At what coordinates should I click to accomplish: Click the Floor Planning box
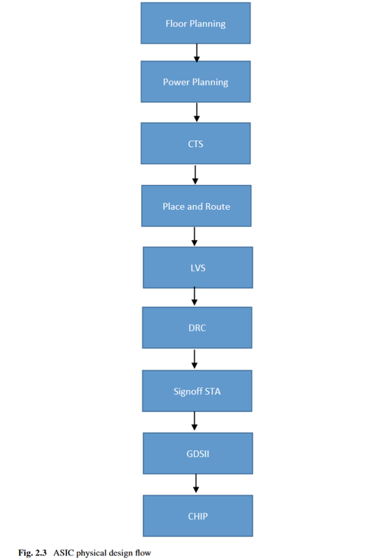pos(196,24)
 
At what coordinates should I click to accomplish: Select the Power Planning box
pos(196,82)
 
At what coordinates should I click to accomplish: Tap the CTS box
pos(196,143)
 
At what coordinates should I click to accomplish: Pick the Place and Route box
pos(196,206)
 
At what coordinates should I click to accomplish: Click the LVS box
pos(198,267)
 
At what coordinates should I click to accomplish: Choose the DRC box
pos(197,328)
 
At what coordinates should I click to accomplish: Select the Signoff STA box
pos(197,391)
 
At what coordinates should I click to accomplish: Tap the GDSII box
pos(197,453)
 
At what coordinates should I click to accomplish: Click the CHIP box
pos(197,516)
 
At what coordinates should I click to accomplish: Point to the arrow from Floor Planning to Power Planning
pos(197,52)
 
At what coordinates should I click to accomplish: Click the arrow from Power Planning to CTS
pos(197,112)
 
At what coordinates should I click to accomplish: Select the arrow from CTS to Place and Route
pos(196,175)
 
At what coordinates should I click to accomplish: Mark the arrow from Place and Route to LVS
pos(195,236)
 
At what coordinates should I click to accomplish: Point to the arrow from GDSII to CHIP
pos(196,484)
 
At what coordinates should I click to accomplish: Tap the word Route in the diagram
pos(217,206)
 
